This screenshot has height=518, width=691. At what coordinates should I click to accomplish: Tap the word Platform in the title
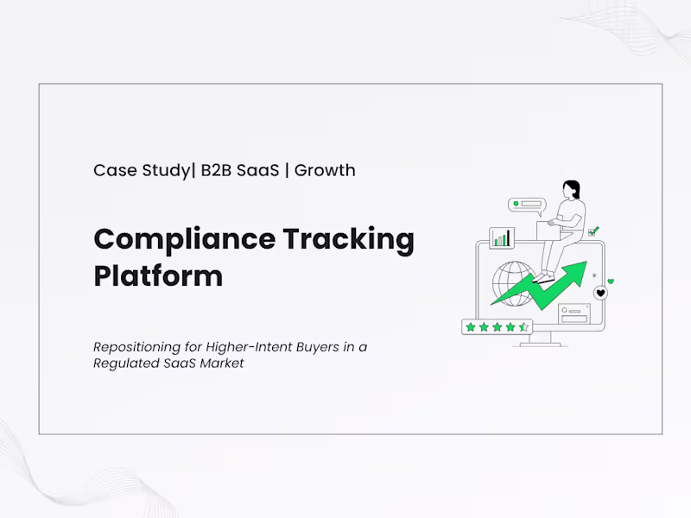158,276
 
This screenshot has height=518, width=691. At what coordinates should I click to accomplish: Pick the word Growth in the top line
325,170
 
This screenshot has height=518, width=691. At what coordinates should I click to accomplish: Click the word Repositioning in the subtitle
136,347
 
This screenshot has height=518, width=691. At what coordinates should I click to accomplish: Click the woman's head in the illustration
571,189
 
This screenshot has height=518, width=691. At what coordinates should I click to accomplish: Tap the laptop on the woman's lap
548,230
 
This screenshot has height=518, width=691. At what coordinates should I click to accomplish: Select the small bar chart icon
502,237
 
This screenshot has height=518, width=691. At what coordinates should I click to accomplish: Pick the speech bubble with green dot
528,205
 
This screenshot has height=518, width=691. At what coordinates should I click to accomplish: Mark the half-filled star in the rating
523,326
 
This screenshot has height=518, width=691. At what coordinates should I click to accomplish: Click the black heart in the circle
600,294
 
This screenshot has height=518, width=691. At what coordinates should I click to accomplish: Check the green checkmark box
593,231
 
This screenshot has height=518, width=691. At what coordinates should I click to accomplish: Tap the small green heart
611,281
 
